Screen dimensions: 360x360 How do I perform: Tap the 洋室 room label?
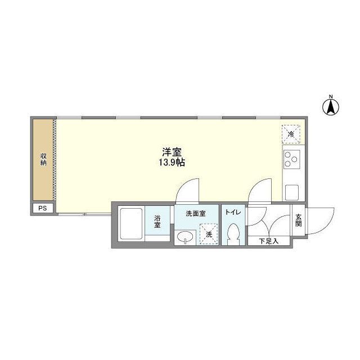(172, 152)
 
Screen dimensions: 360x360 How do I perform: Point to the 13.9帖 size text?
(172, 163)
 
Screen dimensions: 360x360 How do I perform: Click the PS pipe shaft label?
(43, 208)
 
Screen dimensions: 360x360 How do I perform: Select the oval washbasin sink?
(184, 238)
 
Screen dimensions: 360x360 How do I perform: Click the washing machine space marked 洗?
(208, 235)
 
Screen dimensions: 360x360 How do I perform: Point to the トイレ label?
(232, 212)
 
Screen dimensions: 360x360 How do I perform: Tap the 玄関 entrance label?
(298, 220)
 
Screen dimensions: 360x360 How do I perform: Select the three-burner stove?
(292, 160)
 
